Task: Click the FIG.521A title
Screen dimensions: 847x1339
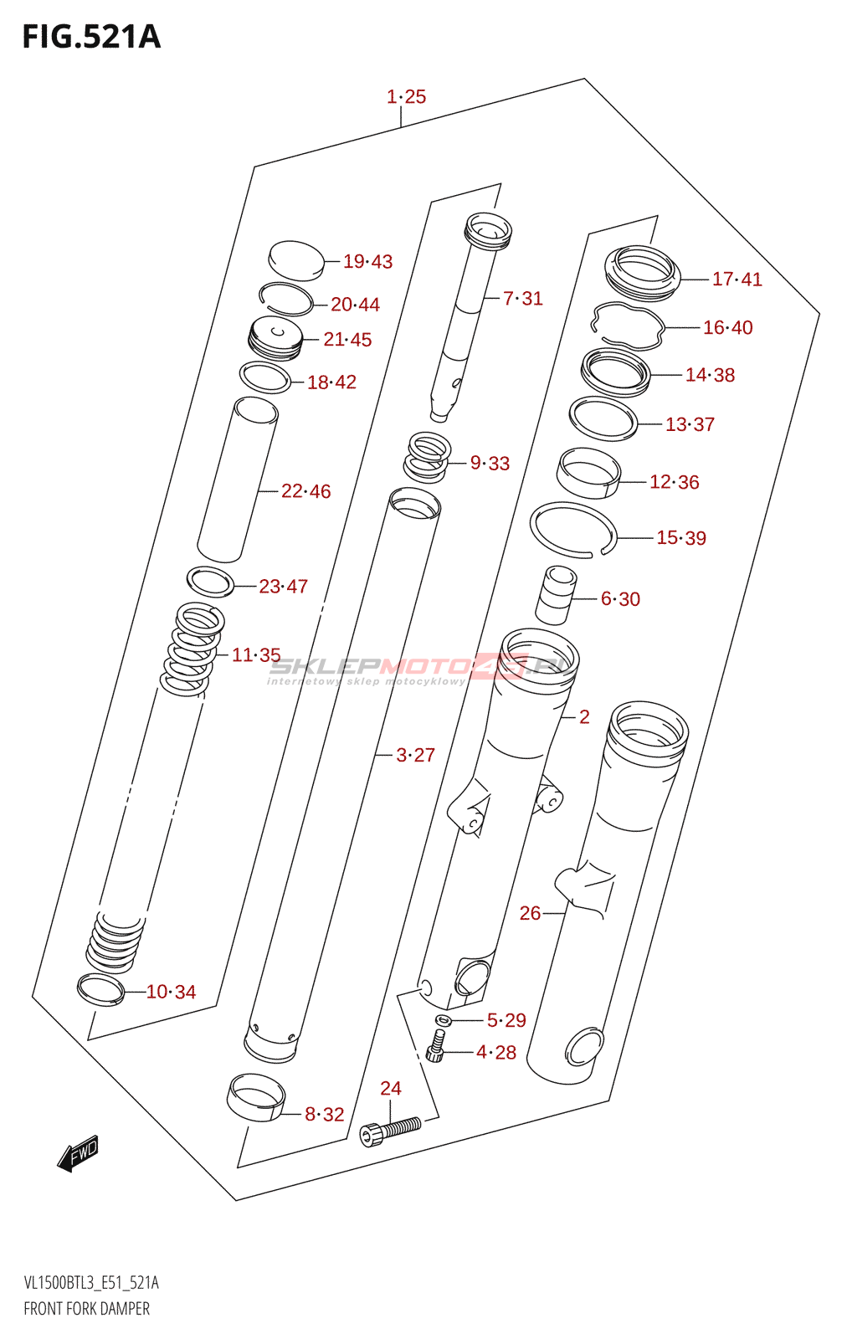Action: coord(91,37)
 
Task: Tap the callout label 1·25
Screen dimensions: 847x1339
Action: coord(406,96)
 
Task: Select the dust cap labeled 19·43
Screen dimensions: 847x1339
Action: coord(296,260)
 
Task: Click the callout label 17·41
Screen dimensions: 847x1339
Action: coord(737,280)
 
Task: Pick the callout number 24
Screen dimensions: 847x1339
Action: coord(390,1088)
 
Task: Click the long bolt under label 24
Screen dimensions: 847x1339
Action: coord(390,1131)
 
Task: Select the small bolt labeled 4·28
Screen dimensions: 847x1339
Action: coord(436,1045)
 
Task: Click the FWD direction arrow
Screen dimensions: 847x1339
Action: coord(77,1152)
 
